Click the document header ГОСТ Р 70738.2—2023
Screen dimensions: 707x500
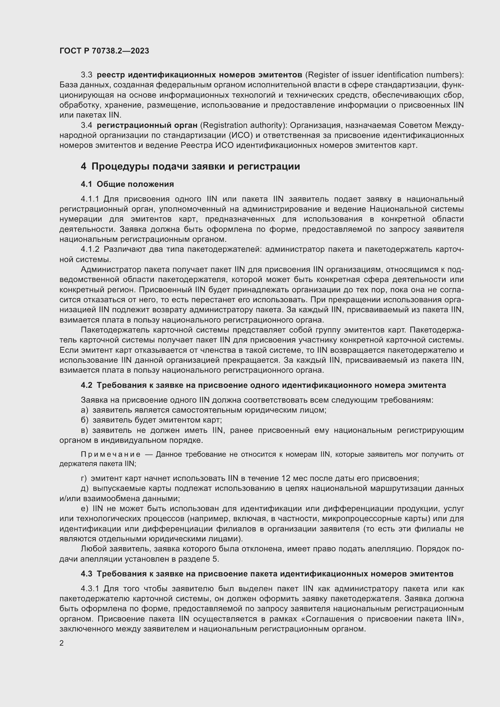click(104, 51)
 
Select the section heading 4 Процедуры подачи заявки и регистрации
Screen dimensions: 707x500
click(190, 166)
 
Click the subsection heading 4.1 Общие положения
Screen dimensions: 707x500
click(127, 184)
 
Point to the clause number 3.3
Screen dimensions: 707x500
click(86, 75)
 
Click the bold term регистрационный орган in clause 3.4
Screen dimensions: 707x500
click(147, 125)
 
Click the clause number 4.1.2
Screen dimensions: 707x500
click(90, 249)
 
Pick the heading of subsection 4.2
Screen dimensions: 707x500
click(263, 385)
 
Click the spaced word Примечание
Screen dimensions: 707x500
click(111, 455)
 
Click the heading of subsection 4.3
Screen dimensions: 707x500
click(267, 573)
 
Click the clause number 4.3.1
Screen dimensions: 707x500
click(90, 589)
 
